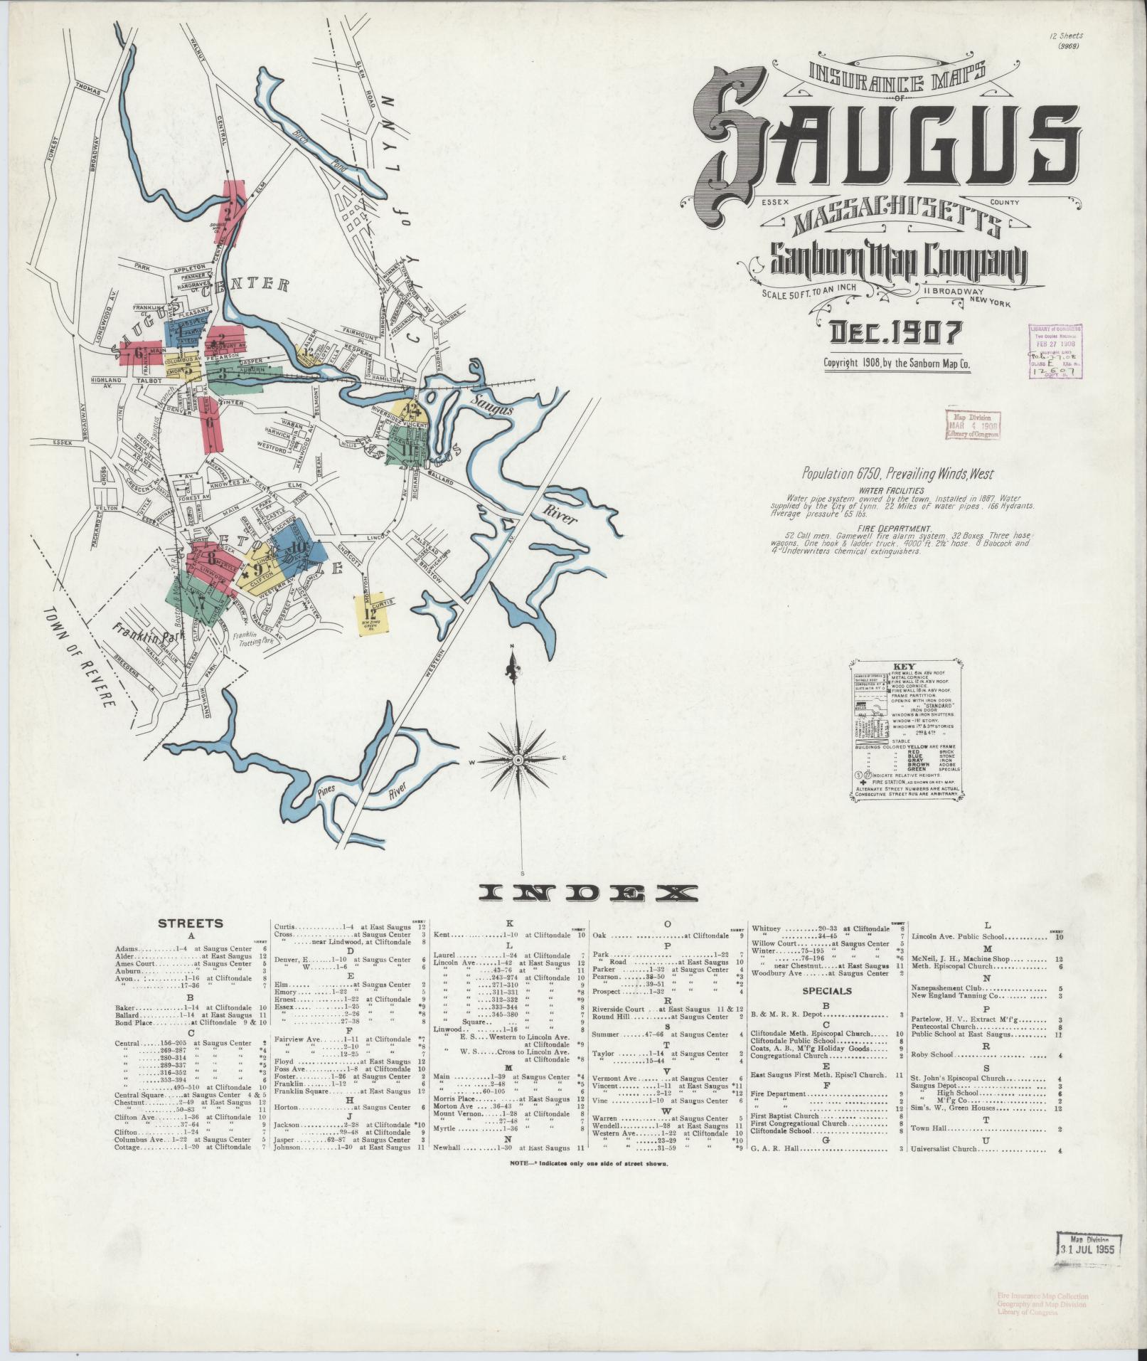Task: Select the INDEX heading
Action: [589, 894]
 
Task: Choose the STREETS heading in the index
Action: [190, 923]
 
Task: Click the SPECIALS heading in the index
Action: [826, 990]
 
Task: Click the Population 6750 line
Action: [897, 474]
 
